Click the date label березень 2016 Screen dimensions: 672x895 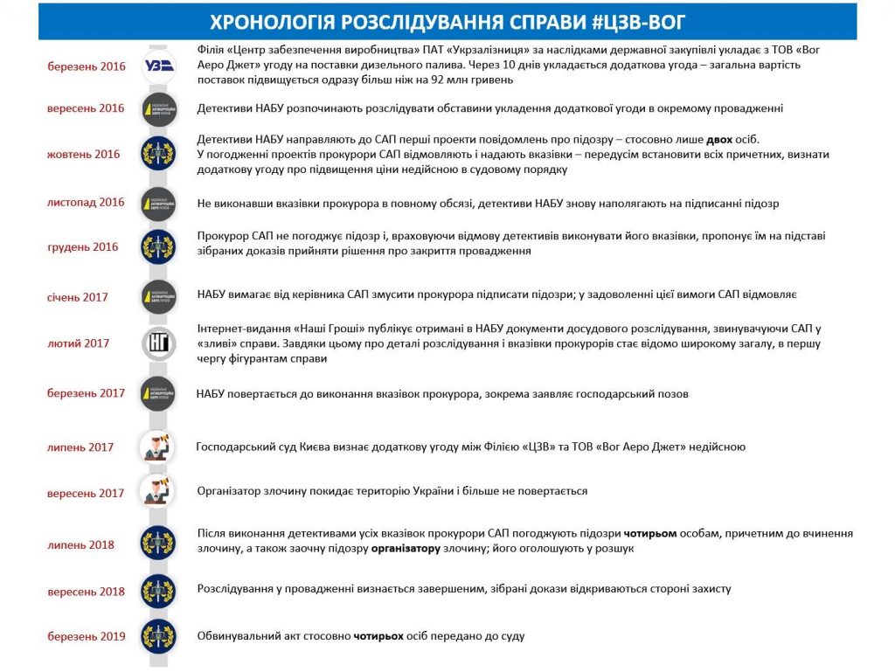[x=87, y=66]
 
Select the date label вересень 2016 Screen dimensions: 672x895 [x=86, y=108]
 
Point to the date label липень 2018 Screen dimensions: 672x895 [x=80, y=545]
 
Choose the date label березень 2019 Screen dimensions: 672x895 [x=87, y=636]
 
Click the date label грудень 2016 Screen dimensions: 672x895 [x=82, y=247]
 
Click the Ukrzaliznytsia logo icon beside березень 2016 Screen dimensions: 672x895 [x=158, y=66]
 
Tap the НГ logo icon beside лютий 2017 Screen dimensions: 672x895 [x=158, y=343]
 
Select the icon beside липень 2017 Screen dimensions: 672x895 [x=158, y=447]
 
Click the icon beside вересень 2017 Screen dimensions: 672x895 [x=158, y=492]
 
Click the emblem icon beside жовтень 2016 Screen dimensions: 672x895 [x=158, y=154]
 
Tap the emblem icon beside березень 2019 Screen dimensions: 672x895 [x=158, y=636]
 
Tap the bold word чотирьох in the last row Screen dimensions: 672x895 [x=378, y=636]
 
